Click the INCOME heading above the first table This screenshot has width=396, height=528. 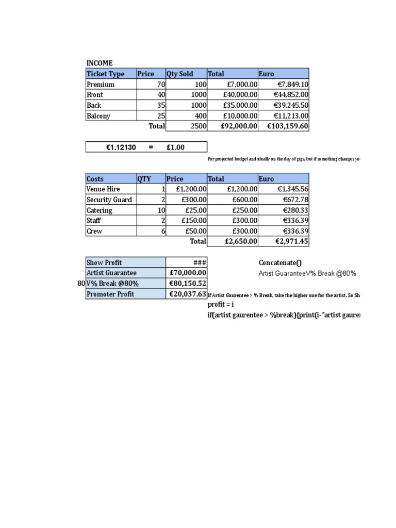point(99,63)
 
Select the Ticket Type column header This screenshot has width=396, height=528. point(105,74)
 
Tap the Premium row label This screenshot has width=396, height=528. point(101,85)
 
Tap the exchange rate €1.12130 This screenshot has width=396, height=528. point(121,147)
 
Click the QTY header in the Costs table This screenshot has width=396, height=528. point(144,179)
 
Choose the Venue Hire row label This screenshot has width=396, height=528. point(103,189)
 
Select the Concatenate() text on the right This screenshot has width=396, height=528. point(280,263)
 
